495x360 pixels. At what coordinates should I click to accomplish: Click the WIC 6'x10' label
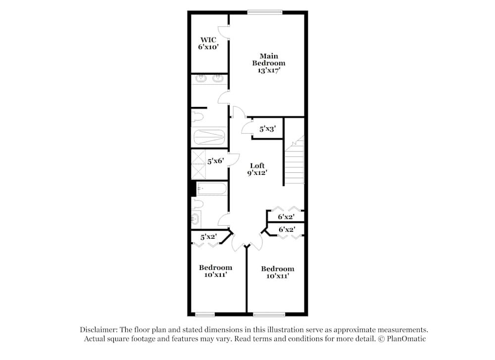click(208, 43)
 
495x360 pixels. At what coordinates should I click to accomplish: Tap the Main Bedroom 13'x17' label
click(269, 63)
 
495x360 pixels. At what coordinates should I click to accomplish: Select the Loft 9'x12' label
click(257, 169)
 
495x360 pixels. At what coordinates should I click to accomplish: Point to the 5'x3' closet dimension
click(268, 129)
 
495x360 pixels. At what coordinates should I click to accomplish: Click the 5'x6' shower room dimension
click(216, 161)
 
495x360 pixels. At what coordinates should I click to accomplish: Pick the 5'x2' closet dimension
click(208, 237)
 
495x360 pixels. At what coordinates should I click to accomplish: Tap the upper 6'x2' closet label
click(286, 216)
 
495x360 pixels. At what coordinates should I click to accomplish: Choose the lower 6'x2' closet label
click(287, 229)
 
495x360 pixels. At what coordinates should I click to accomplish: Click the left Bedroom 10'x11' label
click(216, 271)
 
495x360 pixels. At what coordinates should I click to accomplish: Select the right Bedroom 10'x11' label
click(278, 272)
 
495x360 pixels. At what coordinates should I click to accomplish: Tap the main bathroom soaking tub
click(209, 137)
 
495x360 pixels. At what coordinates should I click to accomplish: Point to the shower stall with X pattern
click(198, 164)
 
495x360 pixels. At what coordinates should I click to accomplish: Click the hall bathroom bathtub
click(211, 189)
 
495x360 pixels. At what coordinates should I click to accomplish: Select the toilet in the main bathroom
click(197, 116)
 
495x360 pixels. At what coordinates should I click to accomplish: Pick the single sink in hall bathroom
click(196, 218)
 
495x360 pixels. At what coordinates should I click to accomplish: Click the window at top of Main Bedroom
click(264, 12)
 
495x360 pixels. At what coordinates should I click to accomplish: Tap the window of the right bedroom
click(269, 314)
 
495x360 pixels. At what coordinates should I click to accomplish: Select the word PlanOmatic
click(406, 339)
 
